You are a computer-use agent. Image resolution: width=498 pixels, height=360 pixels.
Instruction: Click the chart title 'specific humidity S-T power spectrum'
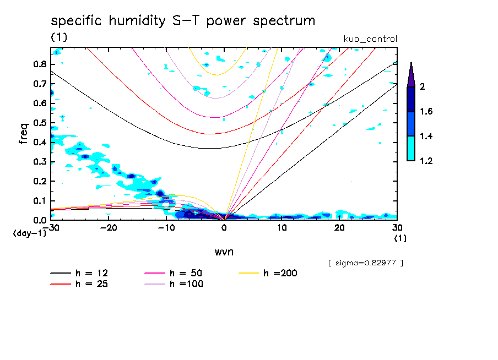(183, 21)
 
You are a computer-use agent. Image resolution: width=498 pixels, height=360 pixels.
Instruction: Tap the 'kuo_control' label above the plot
(370, 39)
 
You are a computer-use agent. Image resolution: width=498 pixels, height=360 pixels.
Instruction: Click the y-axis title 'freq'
(24, 134)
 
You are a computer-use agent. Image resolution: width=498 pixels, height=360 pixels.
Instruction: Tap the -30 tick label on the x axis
(51, 227)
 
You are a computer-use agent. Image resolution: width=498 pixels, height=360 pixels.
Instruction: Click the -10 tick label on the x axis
(166, 227)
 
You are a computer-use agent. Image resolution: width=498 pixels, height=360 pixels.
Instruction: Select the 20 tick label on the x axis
(339, 227)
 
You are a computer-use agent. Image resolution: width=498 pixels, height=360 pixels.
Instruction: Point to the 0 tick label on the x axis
(224, 227)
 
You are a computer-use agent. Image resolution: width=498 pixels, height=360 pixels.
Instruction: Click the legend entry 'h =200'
(280, 273)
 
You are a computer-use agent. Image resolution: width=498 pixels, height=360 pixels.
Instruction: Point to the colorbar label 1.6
(426, 112)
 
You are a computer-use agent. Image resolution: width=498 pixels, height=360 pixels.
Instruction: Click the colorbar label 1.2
(426, 161)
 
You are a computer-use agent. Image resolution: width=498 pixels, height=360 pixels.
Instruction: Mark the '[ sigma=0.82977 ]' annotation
(365, 263)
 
